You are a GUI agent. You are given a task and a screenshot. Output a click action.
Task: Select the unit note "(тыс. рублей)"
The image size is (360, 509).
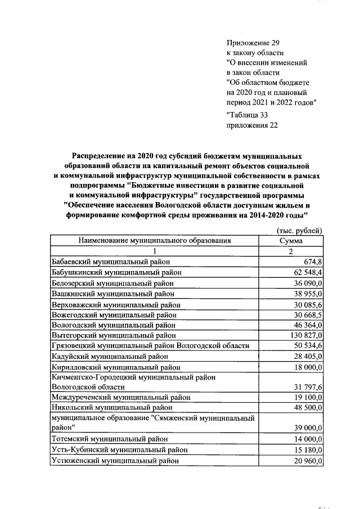coord(299,231)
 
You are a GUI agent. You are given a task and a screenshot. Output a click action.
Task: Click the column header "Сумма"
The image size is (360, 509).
coord(291,241)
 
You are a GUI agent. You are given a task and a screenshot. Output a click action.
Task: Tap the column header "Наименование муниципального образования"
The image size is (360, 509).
coord(155,241)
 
